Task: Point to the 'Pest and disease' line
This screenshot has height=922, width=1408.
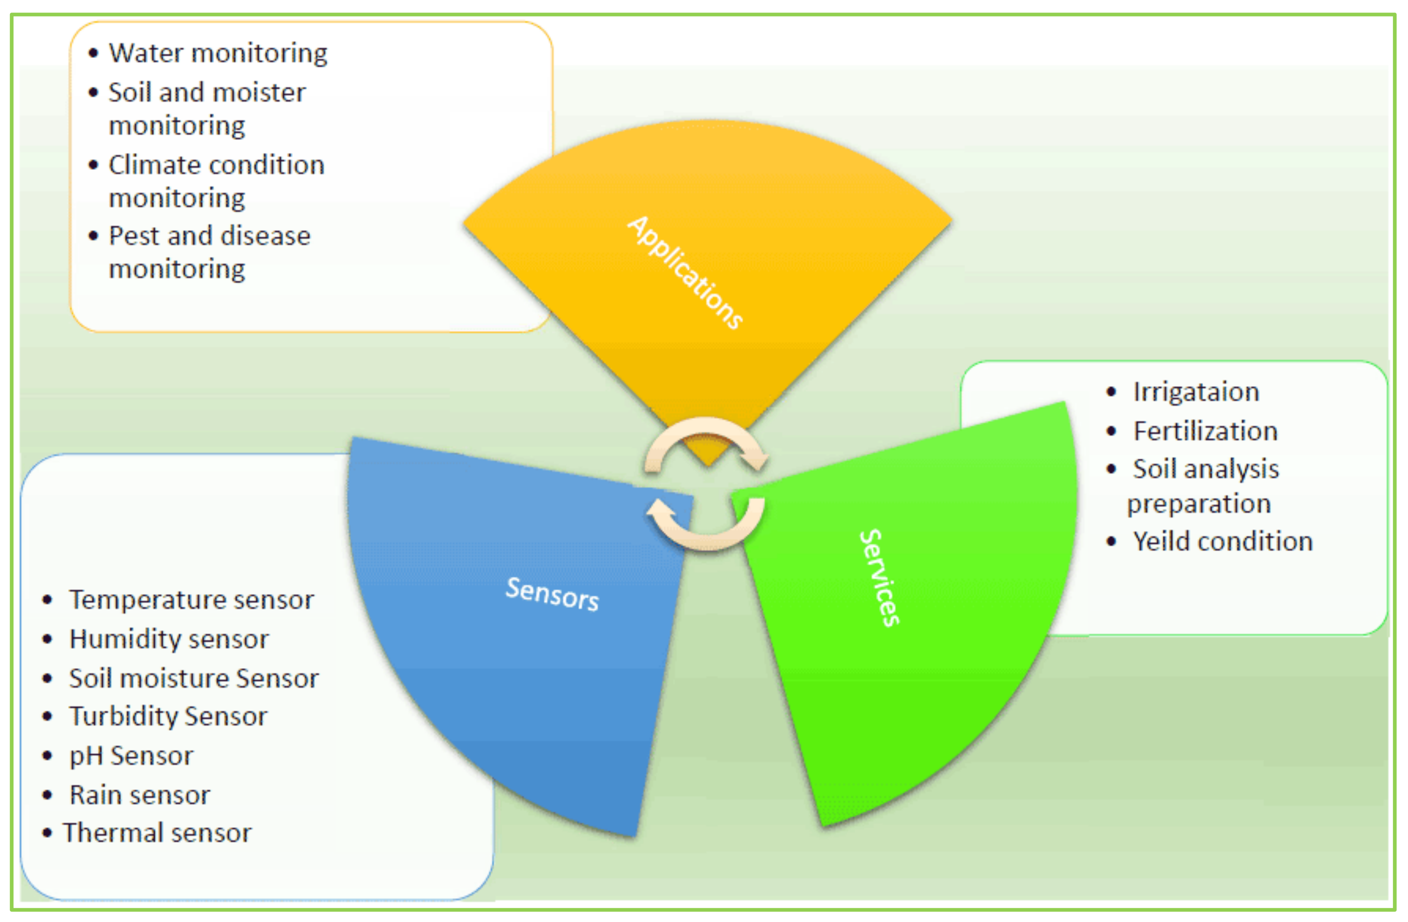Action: [210, 236]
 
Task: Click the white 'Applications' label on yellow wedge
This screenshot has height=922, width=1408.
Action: [684, 272]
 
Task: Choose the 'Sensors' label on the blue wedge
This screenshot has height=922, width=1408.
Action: [552, 593]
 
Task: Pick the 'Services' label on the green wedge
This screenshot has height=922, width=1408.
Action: [880, 578]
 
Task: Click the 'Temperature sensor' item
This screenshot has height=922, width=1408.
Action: [191, 600]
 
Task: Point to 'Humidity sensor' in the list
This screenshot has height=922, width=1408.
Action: [168, 639]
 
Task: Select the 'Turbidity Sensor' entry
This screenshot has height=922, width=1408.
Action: [168, 717]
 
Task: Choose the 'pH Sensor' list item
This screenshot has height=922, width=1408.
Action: [131, 756]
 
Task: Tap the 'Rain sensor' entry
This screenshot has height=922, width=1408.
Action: [139, 795]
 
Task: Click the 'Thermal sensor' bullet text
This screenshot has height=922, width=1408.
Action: [157, 833]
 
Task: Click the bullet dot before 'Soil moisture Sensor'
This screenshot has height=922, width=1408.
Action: [47, 678]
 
